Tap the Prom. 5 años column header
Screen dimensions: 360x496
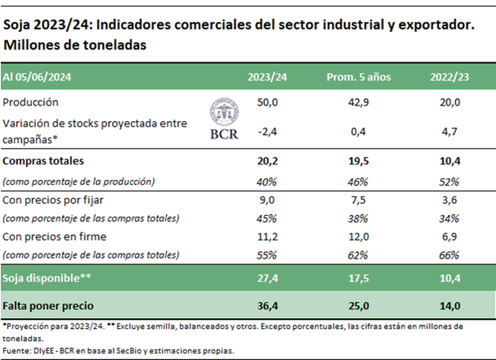coord(359,77)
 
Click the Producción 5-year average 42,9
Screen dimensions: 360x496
coord(359,102)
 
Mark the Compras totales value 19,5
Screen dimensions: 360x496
coord(359,162)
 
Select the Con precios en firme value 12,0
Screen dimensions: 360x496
coord(359,236)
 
